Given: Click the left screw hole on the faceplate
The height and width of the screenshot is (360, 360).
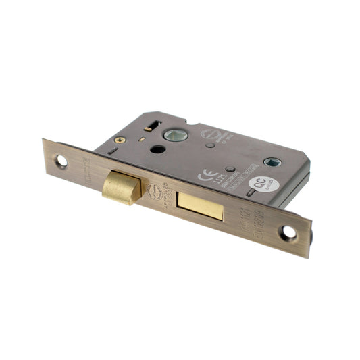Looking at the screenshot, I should coord(60,160).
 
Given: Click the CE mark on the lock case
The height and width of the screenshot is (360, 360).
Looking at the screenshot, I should coord(203,176).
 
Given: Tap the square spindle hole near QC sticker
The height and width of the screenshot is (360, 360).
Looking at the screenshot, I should coord(275,163).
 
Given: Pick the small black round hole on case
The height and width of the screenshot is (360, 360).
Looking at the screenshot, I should coord(161,150).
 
